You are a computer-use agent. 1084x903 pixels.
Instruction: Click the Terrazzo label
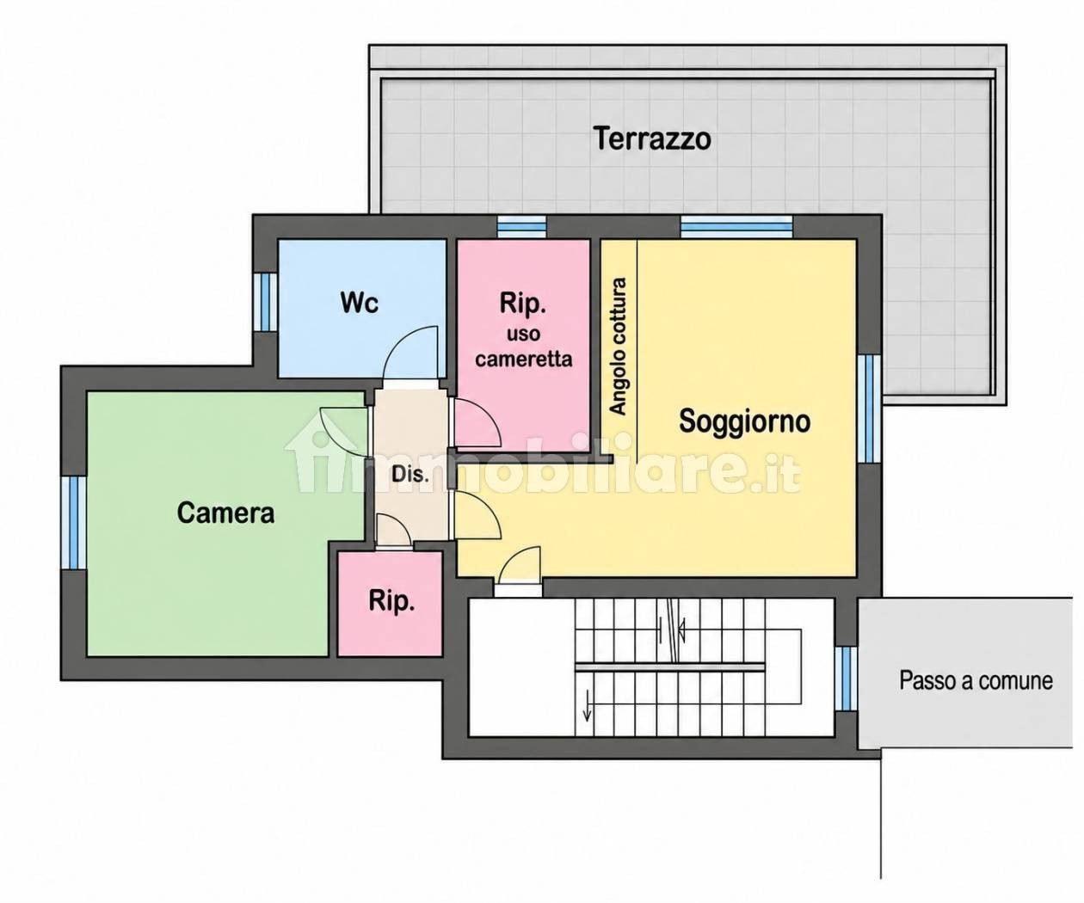(x=652, y=139)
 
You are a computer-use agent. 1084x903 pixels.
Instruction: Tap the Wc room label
(x=360, y=302)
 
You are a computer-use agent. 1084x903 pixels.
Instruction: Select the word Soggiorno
(x=744, y=421)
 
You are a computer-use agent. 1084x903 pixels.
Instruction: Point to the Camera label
(x=225, y=513)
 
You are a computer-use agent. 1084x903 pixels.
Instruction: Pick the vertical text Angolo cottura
(x=619, y=346)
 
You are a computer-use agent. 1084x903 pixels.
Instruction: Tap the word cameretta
(x=523, y=359)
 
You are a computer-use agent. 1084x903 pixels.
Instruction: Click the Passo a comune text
(x=976, y=680)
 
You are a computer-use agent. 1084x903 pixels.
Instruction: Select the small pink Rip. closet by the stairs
(x=390, y=604)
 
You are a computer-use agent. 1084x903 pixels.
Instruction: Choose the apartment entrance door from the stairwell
(x=518, y=566)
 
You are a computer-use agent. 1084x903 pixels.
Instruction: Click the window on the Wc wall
(x=265, y=302)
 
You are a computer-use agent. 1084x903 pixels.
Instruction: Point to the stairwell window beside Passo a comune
(x=847, y=679)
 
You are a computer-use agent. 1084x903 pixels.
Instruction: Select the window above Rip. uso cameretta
(x=521, y=226)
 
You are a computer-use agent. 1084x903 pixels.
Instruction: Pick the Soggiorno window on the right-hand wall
(x=868, y=408)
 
